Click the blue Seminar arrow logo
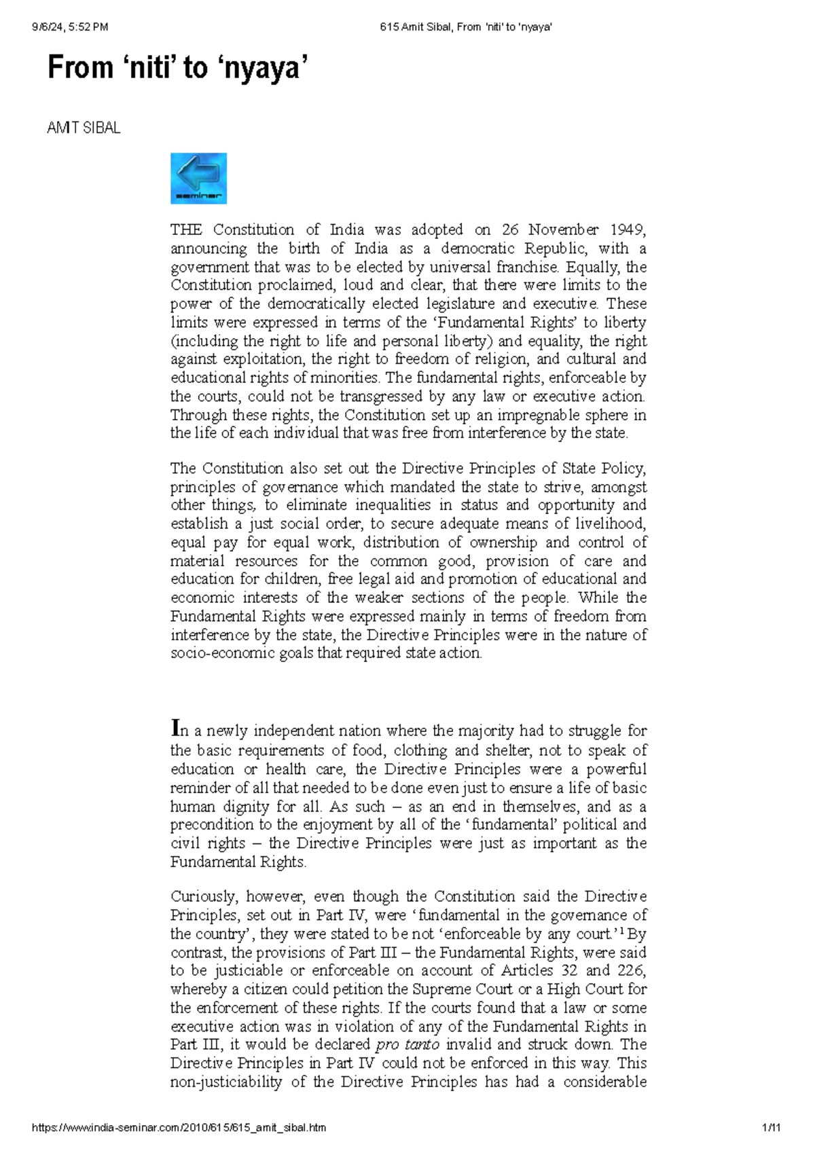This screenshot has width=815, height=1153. [x=198, y=179]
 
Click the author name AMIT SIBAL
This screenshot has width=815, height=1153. [x=84, y=128]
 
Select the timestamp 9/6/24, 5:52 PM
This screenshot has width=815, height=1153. [x=70, y=27]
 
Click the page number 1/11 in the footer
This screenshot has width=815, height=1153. [x=772, y=1128]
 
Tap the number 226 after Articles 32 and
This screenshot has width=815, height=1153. [x=631, y=970]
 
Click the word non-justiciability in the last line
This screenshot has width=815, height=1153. [x=226, y=1082]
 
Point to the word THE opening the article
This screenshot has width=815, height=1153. [x=186, y=230]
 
